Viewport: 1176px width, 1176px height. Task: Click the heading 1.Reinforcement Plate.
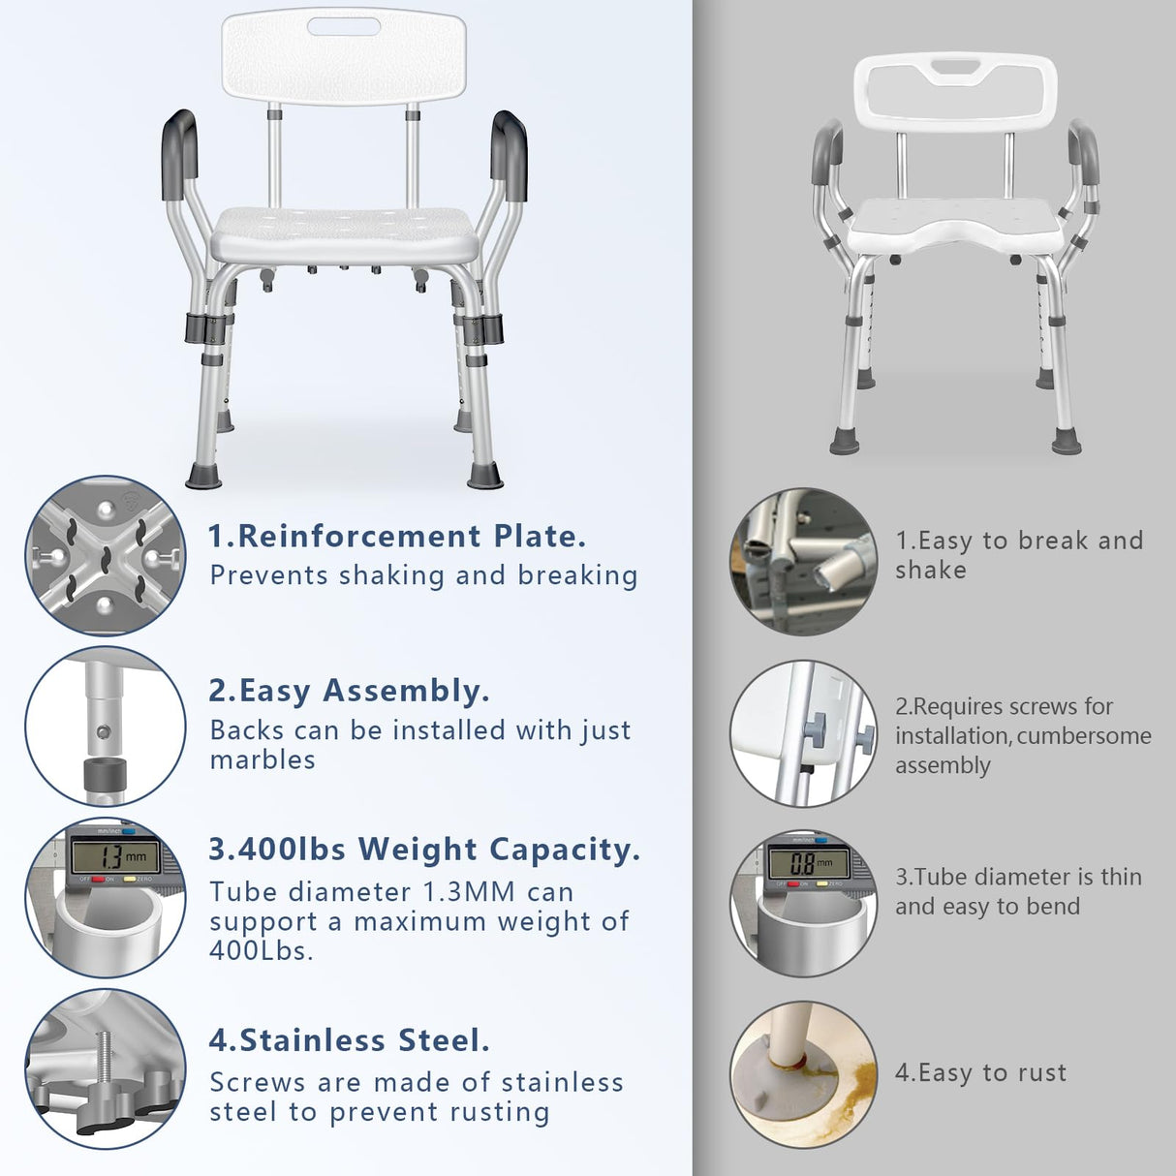[397, 536]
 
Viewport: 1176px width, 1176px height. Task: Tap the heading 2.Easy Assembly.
[349, 691]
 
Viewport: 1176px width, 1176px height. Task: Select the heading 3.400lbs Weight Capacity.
[424, 850]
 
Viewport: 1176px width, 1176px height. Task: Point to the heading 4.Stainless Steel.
[349, 1040]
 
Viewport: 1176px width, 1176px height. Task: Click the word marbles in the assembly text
[263, 760]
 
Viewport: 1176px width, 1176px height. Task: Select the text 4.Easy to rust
[980, 1073]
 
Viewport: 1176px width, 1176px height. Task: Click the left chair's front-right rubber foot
[484, 476]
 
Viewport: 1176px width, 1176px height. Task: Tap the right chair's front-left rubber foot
[844, 442]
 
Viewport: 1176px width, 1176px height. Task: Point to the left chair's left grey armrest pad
[179, 153]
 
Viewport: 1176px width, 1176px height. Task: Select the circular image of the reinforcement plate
[105, 556]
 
